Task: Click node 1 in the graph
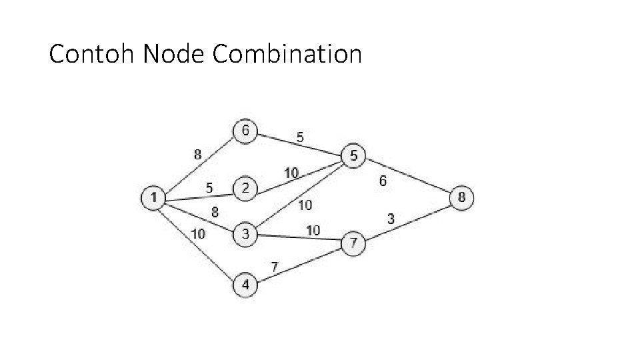pyautogui.click(x=153, y=197)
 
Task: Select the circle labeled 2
pyautogui.click(x=245, y=189)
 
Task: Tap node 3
pyautogui.click(x=245, y=234)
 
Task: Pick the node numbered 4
pyautogui.click(x=245, y=285)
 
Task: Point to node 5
pyautogui.click(x=353, y=156)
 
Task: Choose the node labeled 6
pyautogui.click(x=245, y=131)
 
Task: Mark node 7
pyautogui.click(x=353, y=244)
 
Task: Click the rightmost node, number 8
pyautogui.click(x=462, y=197)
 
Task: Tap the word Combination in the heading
pyautogui.click(x=287, y=54)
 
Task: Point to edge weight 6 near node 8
pyautogui.click(x=383, y=181)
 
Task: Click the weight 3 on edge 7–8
pyautogui.click(x=391, y=218)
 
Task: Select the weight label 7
pyautogui.click(x=274, y=267)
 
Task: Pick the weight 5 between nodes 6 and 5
pyautogui.click(x=301, y=137)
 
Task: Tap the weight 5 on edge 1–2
pyautogui.click(x=209, y=188)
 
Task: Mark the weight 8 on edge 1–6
pyautogui.click(x=198, y=155)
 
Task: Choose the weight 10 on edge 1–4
pyautogui.click(x=198, y=233)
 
